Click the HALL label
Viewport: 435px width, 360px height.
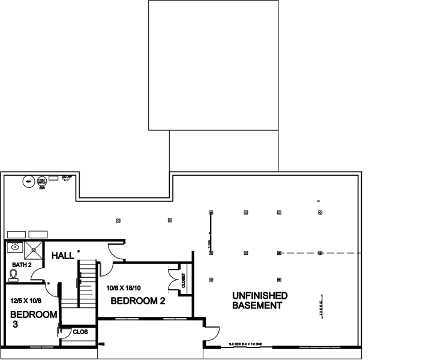tap(62, 256)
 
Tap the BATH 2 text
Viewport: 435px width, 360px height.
tap(22, 264)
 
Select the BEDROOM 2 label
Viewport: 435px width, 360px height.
tap(138, 301)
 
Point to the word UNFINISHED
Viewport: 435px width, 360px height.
tap(260, 296)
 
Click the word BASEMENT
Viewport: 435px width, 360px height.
tap(257, 306)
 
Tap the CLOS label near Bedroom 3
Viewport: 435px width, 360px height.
tap(80, 331)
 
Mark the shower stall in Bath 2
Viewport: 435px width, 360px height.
tap(34, 247)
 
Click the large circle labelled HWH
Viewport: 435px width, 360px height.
tap(28, 180)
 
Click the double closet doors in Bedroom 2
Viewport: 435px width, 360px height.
tap(175, 281)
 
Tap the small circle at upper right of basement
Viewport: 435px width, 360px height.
tap(319, 201)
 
